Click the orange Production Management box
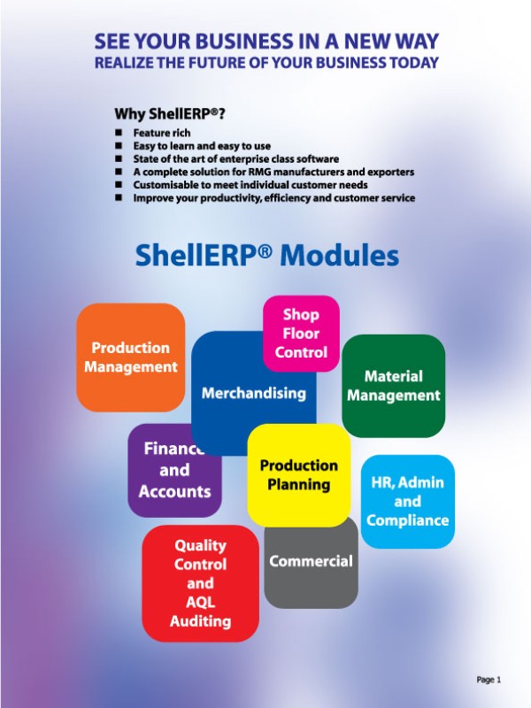click(x=130, y=358)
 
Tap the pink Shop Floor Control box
click(x=301, y=334)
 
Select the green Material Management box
click(x=393, y=386)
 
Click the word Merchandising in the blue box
click(x=254, y=393)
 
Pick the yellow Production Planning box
click(x=299, y=475)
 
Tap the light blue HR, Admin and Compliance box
click(x=408, y=501)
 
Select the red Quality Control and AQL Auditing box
click(x=201, y=583)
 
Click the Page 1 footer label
click(x=489, y=680)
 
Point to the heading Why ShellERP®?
click(x=169, y=114)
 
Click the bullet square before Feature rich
click(x=119, y=133)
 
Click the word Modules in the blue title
click(x=340, y=255)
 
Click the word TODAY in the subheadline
click(x=414, y=62)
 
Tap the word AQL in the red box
click(x=201, y=603)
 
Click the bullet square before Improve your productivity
click(x=119, y=197)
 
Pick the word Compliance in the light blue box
click(x=408, y=520)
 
